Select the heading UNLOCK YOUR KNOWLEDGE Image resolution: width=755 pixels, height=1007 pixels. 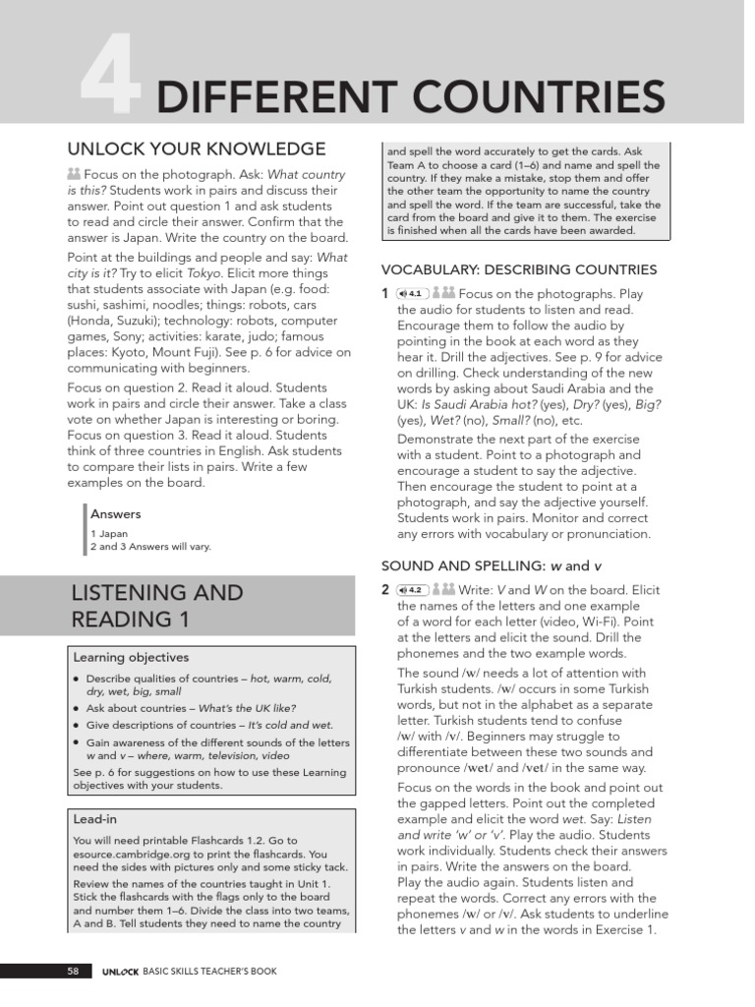(196, 148)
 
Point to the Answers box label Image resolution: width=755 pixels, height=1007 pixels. (116, 513)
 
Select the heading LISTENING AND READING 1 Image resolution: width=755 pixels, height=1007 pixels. (156, 607)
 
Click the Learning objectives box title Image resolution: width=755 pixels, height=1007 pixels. (131, 657)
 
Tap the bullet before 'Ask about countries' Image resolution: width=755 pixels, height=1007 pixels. (77, 708)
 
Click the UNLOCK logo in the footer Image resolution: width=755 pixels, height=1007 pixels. (121, 972)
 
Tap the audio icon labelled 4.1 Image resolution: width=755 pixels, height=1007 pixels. (410, 293)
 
